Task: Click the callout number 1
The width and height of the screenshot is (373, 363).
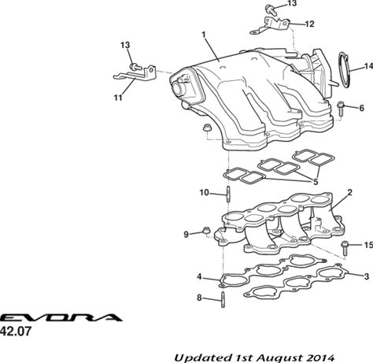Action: coord(203,35)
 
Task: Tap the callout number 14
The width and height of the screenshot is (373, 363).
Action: coord(368,66)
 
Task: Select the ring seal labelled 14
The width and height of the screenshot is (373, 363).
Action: coord(344,70)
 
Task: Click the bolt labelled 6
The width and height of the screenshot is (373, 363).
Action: coord(341,109)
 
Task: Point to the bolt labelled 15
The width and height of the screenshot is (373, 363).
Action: coord(344,248)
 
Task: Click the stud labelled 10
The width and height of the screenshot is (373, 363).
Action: coord(228,194)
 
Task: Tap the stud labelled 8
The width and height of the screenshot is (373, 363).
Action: coord(223,299)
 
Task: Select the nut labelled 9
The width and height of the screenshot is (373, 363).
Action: coord(206,231)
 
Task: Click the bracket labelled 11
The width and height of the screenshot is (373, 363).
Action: coord(135,74)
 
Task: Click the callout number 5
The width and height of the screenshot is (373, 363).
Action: coord(316,181)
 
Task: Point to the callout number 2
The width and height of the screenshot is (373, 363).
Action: coord(349,192)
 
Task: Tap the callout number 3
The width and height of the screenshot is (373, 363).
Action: coord(366,276)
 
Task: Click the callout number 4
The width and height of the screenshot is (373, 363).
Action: coord(200,276)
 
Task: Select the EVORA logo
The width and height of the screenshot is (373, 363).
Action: coord(61,317)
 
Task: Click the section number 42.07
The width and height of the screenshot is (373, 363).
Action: coord(16,332)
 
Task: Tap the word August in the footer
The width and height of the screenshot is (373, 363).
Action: coord(277,357)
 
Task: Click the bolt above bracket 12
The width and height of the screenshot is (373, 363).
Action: coord(271,9)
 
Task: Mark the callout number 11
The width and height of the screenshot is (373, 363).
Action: coord(118,98)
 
